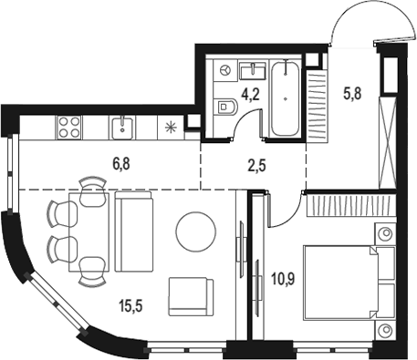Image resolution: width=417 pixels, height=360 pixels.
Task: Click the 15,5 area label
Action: tap(130, 305)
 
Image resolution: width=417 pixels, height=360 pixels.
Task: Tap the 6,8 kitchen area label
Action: tap(121, 164)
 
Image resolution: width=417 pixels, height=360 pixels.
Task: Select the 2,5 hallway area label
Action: tap(257, 166)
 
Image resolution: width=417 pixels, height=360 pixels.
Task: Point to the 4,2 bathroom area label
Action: tap(250, 95)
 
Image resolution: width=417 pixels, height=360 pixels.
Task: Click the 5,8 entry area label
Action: tap(352, 93)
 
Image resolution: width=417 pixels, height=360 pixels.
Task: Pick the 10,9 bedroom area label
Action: tap(283, 279)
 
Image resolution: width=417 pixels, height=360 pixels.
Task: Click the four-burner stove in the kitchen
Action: tap(69, 127)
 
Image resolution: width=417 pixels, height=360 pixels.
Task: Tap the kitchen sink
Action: tap(122, 128)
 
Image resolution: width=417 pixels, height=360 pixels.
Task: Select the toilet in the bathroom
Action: tap(225, 107)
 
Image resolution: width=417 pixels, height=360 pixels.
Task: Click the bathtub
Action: tap(285, 98)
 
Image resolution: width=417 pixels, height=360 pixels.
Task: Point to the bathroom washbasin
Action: tap(253, 71)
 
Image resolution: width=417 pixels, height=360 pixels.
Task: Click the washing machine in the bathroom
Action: tap(225, 70)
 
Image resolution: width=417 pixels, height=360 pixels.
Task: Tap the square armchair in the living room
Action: tap(191, 296)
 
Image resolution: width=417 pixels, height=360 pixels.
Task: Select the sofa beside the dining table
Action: tap(134, 231)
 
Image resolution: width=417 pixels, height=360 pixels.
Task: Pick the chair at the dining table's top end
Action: tap(93, 191)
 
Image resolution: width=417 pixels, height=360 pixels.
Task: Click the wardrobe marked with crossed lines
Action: tap(388, 142)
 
